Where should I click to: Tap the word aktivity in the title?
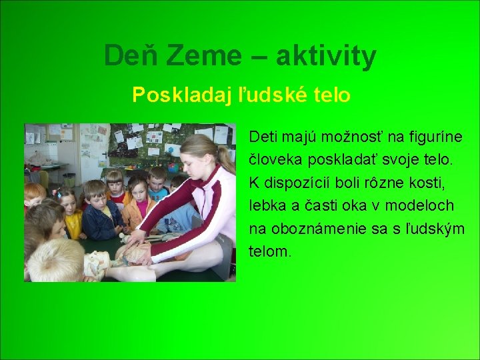click(x=326, y=57)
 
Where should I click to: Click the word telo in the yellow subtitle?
click(x=329, y=95)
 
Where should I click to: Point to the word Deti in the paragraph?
click(x=262, y=137)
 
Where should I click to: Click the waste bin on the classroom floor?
click(x=69, y=179)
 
